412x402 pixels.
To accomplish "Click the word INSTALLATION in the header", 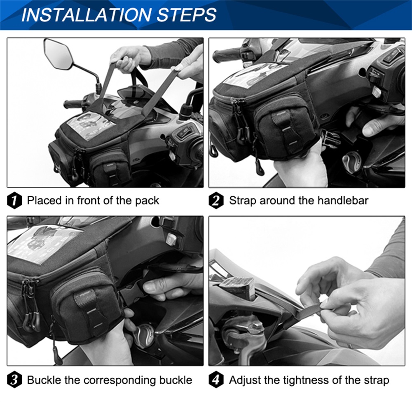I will click(x=85, y=15).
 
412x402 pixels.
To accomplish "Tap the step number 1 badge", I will click(x=15, y=201).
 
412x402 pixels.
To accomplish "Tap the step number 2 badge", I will click(x=217, y=201).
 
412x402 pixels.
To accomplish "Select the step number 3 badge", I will click(x=15, y=380).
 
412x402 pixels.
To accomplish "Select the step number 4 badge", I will click(x=217, y=380).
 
